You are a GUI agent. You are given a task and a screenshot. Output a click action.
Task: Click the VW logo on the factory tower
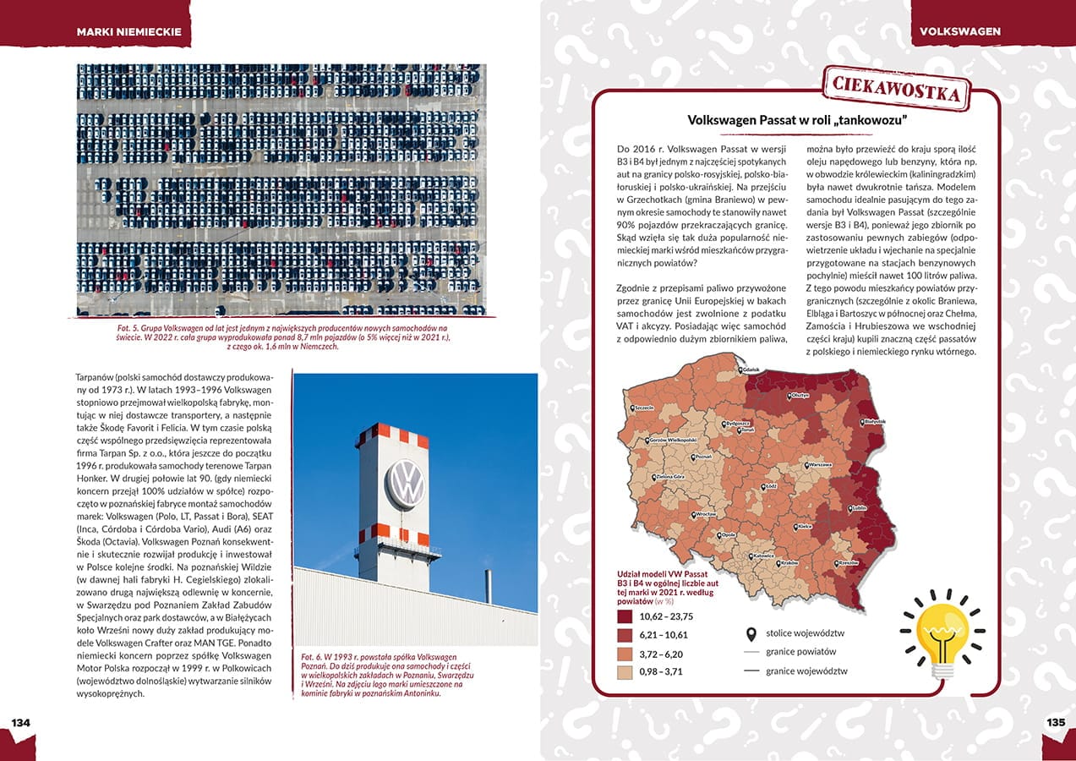(405, 484)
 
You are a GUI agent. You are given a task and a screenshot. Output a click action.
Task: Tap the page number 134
(20, 722)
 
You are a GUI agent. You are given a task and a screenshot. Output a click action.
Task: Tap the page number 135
(1055, 722)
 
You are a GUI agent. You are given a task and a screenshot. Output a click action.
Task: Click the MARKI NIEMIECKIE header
(128, 31)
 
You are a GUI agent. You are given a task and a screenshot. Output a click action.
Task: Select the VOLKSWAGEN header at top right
(959, 31)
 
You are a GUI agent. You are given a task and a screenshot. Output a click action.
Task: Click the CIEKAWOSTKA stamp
(896, 87)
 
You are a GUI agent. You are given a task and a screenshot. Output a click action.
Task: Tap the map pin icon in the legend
(750, 633)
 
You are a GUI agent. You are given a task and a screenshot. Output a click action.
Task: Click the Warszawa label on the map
(820, 465)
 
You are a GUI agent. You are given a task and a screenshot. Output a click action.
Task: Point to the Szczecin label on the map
(644, 408)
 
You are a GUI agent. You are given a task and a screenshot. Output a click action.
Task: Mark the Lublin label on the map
(860, 508)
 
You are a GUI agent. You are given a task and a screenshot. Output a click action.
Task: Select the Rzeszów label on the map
(848, 562)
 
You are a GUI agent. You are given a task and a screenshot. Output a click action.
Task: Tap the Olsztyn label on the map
(800, 395)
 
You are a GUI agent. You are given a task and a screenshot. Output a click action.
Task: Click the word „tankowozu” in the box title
(871, 120)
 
